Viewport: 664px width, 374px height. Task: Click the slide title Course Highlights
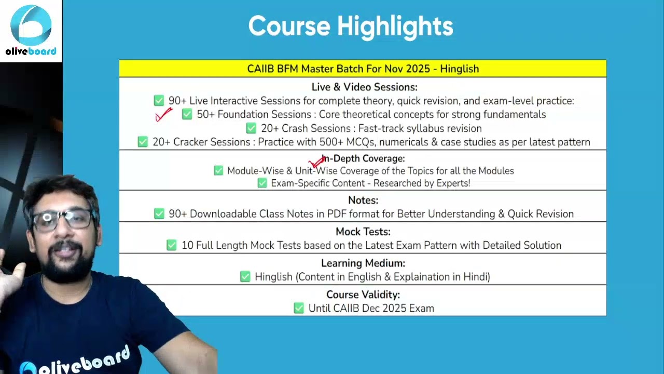[351, 26]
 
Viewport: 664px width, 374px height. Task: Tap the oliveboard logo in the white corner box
[31, 30]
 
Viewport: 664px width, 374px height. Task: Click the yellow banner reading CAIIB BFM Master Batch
[363, 69]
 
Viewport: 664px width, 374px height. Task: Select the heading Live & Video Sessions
[364, 87]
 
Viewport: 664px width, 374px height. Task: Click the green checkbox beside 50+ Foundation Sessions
[187, 114]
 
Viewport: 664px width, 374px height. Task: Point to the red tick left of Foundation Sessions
[163, 115]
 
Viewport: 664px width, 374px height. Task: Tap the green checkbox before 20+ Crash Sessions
[251, 128]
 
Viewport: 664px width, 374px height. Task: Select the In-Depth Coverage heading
[363, 158]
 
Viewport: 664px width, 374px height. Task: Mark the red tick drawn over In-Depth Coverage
[317, 162]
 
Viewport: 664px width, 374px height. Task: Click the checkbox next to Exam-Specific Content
[262, 183]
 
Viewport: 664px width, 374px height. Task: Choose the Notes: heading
[363, 200]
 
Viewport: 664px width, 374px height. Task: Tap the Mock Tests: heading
[363, 232]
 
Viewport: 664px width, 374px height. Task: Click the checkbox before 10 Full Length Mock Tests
[172, 245]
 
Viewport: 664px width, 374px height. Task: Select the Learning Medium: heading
[363, 263]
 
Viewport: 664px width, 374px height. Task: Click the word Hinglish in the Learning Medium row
[273, 277]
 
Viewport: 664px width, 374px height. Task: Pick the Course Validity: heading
[363, 295]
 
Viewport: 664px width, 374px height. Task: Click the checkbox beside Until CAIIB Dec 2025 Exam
[299, 308]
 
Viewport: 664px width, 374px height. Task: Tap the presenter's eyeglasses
[63, 221]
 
